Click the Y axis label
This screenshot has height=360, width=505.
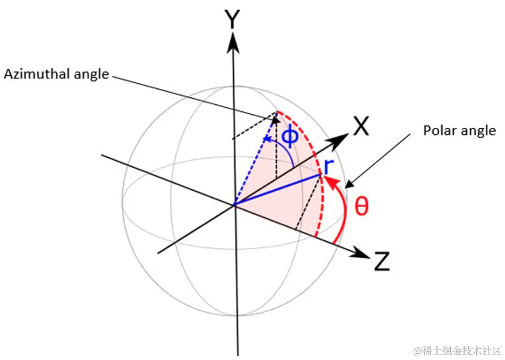(x=233, y=20)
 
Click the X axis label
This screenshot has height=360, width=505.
(x=361, y=128)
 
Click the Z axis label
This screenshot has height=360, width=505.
(x=382, y=262)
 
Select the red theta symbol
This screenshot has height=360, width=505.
(x=361, y=207)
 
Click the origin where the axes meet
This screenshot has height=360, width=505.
(x=234, y=205)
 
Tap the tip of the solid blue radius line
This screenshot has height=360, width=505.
(x=321, y=175)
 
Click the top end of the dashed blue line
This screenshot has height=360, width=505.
(x=276, y=113)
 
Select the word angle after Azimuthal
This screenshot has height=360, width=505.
(x=91, y=74)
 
